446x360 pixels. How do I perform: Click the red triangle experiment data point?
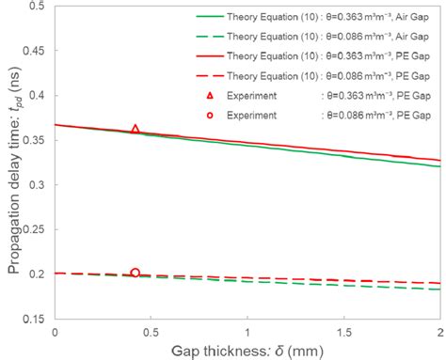pyautogui.click(x=135, y=130)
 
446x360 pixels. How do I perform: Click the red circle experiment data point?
pyautogui.click(x=135, y=273)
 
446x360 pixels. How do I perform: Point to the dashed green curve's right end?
pyautogui.click(x=438, y=290)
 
